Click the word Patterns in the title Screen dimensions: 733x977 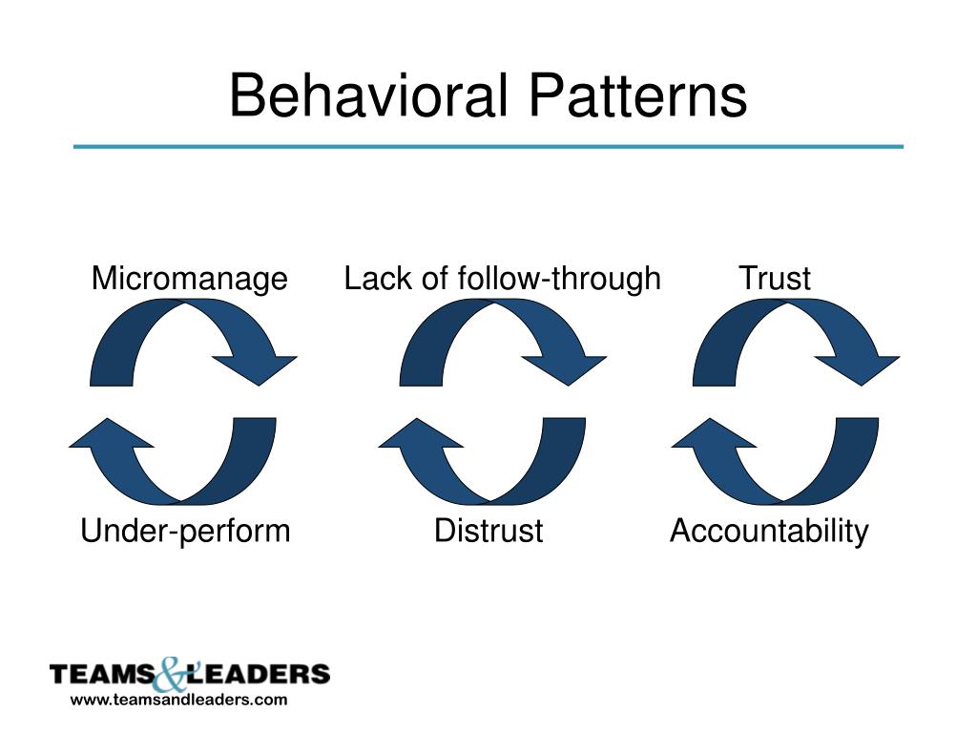point(638,97)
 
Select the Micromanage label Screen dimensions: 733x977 point(189,279)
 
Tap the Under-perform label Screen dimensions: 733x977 point(185,531)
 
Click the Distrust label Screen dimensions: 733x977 point(488,531)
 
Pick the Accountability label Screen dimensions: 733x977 point(769,531)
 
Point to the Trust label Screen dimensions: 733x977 point(775,279)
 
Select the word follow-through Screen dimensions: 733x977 point(559,279)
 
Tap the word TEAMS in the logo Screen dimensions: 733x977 point(99,676)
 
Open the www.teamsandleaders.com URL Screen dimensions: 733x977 point(178,701)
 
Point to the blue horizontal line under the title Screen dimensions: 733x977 point(488,147)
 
